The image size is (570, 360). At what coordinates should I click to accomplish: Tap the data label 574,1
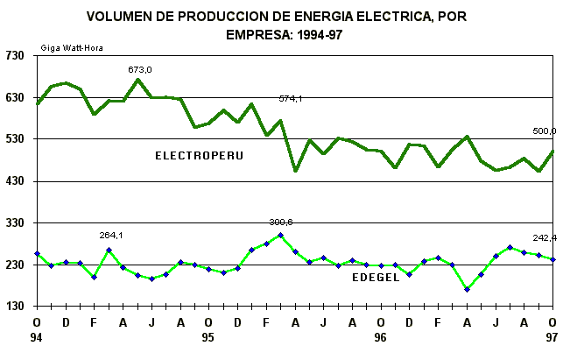(x=291, y=99)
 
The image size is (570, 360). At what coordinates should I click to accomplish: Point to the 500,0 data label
(x=545, y=131)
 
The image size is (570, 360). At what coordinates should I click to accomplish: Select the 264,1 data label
(x=110, y=235)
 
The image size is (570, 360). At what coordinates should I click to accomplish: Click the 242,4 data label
(x=545, y=238)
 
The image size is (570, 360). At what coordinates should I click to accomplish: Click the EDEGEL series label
(x=376, y=278)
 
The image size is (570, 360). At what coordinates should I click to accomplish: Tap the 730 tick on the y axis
(x=17, y=55)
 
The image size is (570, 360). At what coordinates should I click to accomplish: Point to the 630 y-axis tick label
(x=17, y=97)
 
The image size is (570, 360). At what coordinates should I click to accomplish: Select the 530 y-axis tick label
(x=17, y=139)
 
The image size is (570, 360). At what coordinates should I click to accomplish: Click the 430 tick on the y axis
(x=17, y=181)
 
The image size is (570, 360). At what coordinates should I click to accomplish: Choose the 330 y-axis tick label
(x=17, y=223)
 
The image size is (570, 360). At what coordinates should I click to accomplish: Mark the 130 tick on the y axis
(x=17, y=307)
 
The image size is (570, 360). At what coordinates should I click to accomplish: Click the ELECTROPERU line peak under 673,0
(x=138, y=80)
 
